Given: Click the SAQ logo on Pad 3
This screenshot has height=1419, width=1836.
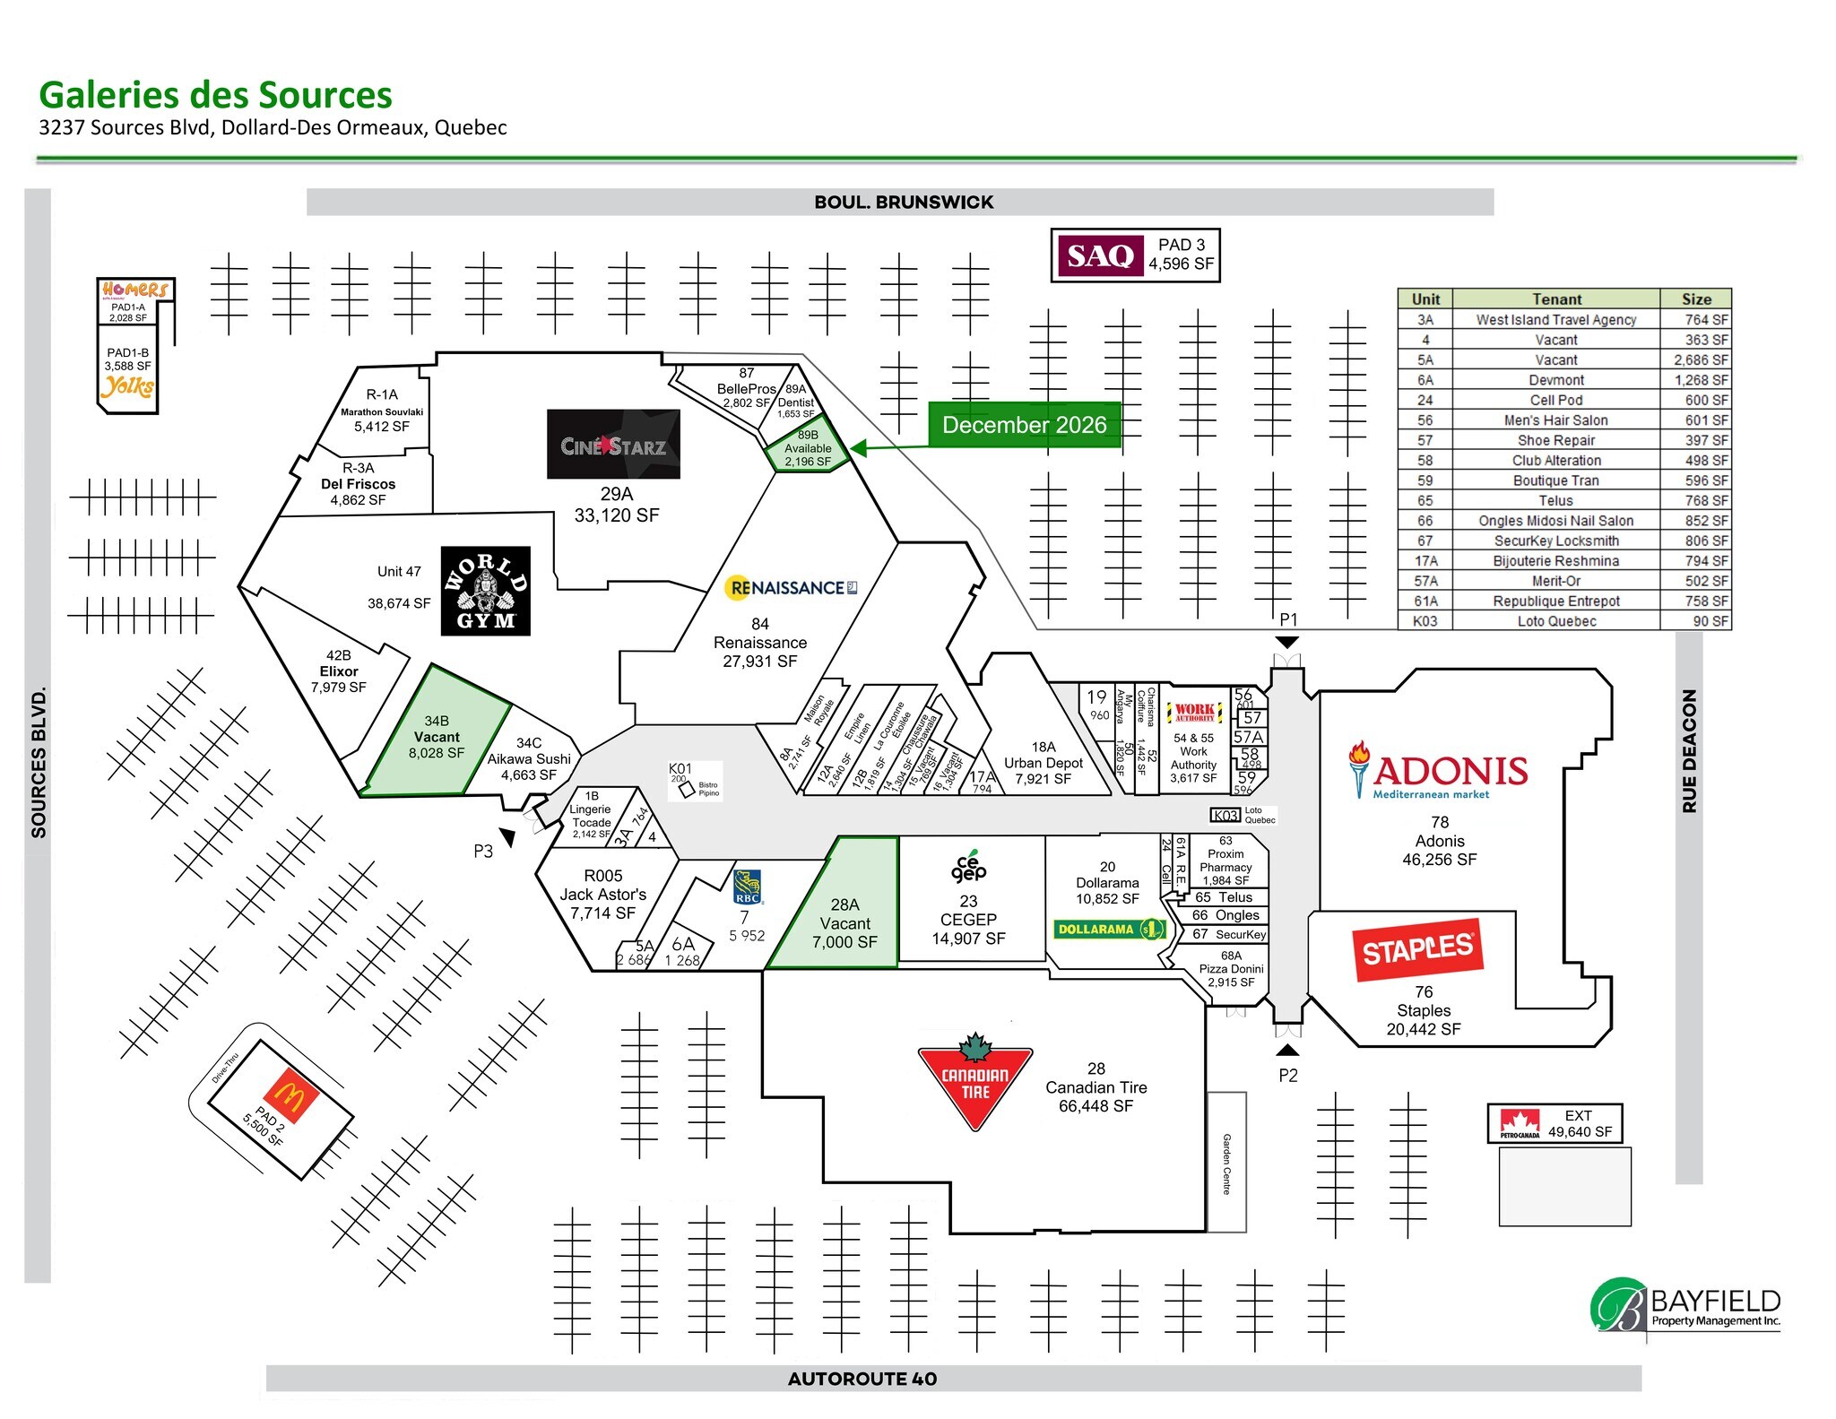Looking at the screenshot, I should (1100, 256).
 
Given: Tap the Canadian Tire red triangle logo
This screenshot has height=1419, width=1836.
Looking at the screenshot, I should (975, 1083).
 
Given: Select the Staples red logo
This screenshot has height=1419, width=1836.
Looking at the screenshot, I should (1417, 948).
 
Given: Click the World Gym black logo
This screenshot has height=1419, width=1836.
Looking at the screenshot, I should (485, 591).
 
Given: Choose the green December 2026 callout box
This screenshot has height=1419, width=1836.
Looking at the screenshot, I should (1024, 425).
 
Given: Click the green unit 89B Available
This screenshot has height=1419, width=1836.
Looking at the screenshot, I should (807, 449).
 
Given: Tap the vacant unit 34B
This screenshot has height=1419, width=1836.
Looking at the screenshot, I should (437, 737).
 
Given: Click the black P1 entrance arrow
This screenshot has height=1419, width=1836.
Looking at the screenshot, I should (1287, 642).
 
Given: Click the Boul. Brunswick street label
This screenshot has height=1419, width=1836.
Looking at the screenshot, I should (903, 203).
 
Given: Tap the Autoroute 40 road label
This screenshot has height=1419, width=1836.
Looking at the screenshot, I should (862, 1379).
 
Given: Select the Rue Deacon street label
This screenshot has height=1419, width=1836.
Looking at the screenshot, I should (1689, 751).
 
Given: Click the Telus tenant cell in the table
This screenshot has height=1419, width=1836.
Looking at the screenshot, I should (1555, 501).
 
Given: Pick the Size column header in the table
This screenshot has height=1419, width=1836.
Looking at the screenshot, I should (1695, 299).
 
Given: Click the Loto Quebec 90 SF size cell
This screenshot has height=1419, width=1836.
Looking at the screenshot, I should (1695, 621).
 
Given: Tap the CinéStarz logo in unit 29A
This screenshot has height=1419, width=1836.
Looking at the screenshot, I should (613, 445).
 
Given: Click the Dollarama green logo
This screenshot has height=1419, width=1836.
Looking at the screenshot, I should (1109, 930).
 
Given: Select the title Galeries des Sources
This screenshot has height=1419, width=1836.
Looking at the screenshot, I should (215, 95).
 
